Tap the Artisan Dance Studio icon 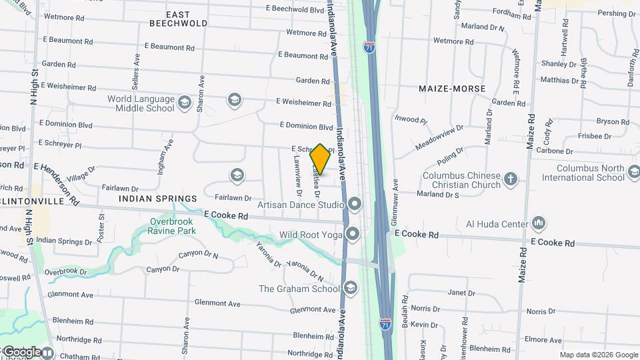tap(353, 203)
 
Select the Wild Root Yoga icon tap(353, 234)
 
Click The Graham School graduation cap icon tap(350, 288)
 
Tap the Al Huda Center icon tap(539, 224)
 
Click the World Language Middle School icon tap(185, 104)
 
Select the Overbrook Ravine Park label tap(173, 226)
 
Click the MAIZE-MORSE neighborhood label tap(452, 89)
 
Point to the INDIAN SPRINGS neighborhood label tap(158, 199)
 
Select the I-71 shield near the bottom tap(385, 323)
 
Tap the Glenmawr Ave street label tap(395, 201)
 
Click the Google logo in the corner tap(22, 351)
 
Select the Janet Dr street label tap(457, 293)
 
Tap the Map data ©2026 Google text tap(599, 355)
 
